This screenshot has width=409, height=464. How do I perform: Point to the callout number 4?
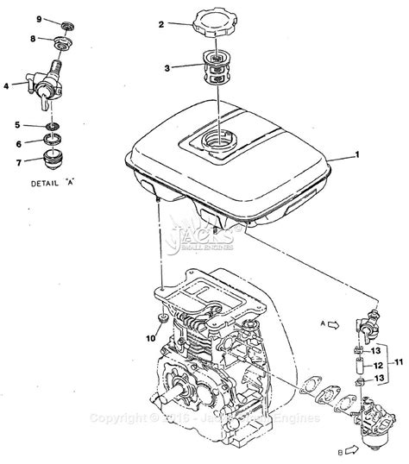click(7, 85)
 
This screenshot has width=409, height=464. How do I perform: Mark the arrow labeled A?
click(332, 325)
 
